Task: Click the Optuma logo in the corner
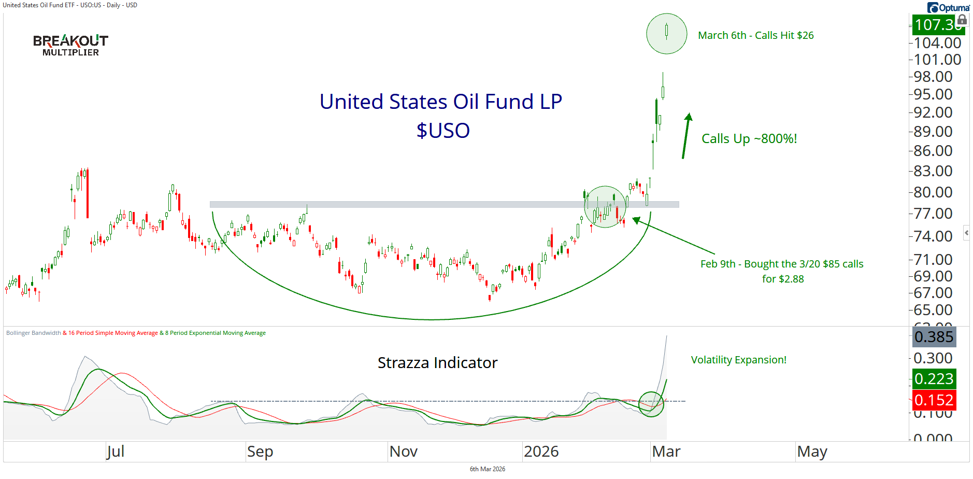[x=948, y=7]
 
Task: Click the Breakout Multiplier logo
[x=70, y=45]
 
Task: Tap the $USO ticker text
[x=443, y=131]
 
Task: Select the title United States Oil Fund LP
[x=440, y=102]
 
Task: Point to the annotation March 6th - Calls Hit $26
[x=755, y=35]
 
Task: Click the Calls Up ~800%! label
[x=749, y=138]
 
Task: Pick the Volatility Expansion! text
[x=738, y=360]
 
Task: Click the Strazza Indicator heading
[x=437, y=362]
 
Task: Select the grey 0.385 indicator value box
[x=934, y=337]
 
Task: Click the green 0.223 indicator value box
[x=934, y=379]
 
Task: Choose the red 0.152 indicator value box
[x=934, y=400]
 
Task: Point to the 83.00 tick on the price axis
[x=933, y=171]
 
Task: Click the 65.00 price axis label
[x=933, y=309]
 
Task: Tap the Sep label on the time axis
[x=260, y=452]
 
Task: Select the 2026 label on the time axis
[x=541, y=452]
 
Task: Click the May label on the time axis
[x=812, y=452]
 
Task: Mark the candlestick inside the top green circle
[x=666, y=32]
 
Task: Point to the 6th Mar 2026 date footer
[x=487, y=469]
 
